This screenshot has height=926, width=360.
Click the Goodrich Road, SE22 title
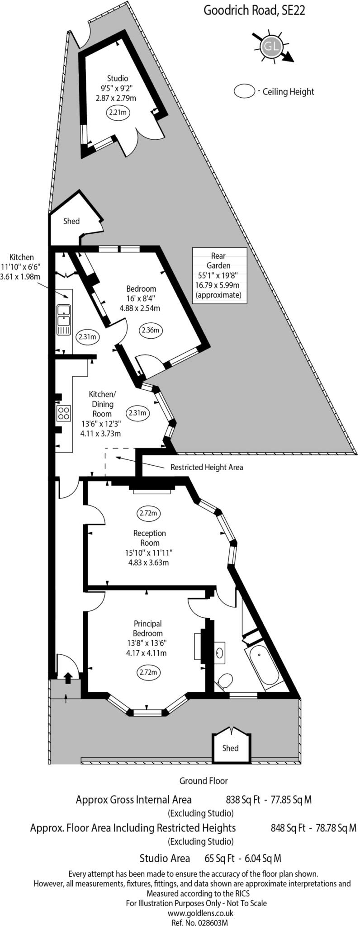254,10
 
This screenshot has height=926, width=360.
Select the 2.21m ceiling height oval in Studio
117,112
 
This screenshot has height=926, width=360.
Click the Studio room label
117,78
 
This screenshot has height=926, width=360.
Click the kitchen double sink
63,320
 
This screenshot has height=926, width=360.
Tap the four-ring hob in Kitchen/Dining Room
63,413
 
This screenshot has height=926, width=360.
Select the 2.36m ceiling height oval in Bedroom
151,330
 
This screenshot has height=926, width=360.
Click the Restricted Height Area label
206,467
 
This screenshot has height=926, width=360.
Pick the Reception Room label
150,538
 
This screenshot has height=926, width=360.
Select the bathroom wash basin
220,652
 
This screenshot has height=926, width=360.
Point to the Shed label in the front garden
230,748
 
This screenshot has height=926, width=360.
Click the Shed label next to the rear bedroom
71,221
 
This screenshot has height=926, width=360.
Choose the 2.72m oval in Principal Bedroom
148,672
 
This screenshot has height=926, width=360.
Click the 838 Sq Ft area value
243,799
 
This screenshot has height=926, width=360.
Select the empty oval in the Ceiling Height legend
245,91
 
